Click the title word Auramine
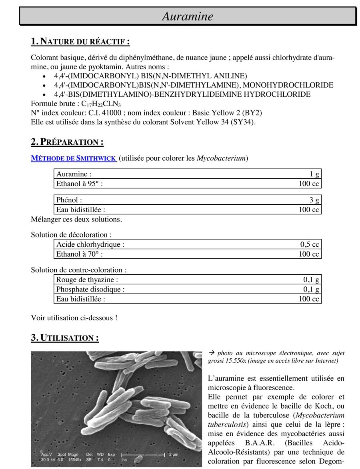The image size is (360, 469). click(188, 16)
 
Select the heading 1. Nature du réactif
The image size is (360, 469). click(80, 42)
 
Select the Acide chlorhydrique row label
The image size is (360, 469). click(90, 244)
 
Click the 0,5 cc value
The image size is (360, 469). click(310, 244)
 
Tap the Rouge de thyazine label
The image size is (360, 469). click(87, 280)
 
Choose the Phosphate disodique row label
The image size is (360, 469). click(90, 289)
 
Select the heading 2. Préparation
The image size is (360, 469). click(67, 142)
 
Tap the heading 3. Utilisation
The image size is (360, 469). click(65, 338)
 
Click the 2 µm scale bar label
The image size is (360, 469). click(173, 455)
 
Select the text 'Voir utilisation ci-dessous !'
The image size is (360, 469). click(74, 318)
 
